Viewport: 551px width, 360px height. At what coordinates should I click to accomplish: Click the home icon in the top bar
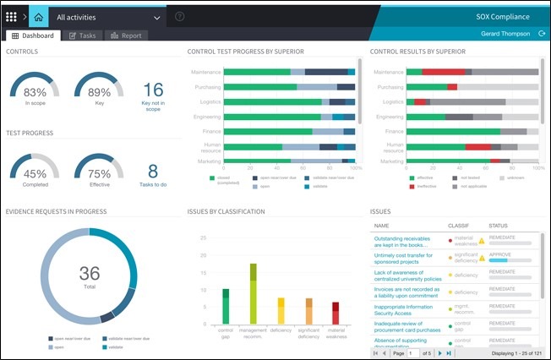(x=38, y=16)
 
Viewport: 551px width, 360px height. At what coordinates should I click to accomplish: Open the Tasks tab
(x=82, y=35)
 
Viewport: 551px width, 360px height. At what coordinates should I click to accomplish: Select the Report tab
(x=126, y=35)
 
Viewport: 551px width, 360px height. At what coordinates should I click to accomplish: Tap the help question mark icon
(x=179, y=17)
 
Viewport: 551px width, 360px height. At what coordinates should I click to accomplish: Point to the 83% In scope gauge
(x=35, y=91)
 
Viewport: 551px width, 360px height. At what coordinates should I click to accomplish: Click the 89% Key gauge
(x=99, y=91)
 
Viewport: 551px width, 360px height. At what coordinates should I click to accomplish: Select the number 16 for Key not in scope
(x=153, y=90)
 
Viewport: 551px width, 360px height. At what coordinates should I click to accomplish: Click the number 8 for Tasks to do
(x=153, y=172)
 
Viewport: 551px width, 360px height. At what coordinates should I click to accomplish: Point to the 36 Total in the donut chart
(x=89, y=273)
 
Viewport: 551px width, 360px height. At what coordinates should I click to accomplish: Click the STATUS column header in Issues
(x=499, y=226)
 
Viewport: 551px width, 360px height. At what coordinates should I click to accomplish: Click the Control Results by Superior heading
(x=417, y=52)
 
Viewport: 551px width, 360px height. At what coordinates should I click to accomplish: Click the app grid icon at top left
(x=11, y=16)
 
